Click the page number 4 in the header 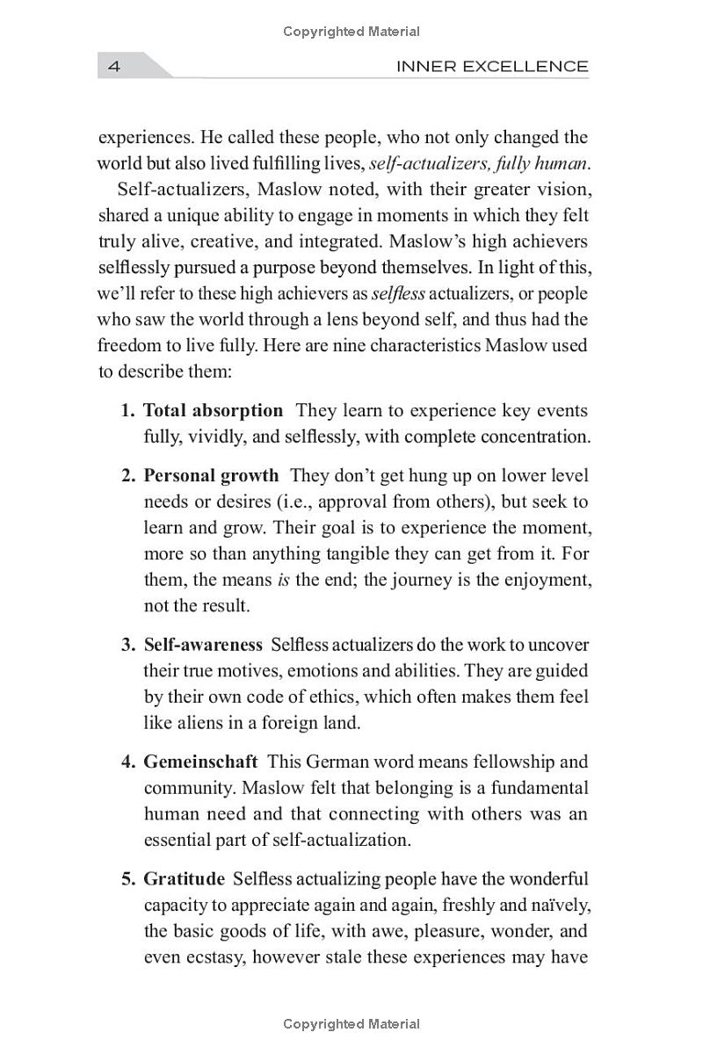coord(113,66)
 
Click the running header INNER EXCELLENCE coord(492,66)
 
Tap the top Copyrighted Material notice coord(351,32)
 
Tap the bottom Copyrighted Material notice coord(351,1024)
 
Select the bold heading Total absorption coord(213,410)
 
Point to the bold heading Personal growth coord(211,475)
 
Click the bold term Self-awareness coord(203,645)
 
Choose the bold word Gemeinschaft coord(200,762)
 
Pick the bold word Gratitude coord(185,879)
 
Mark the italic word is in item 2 coord(284,580)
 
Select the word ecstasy coord(215,957)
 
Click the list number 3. coord(128,645)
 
